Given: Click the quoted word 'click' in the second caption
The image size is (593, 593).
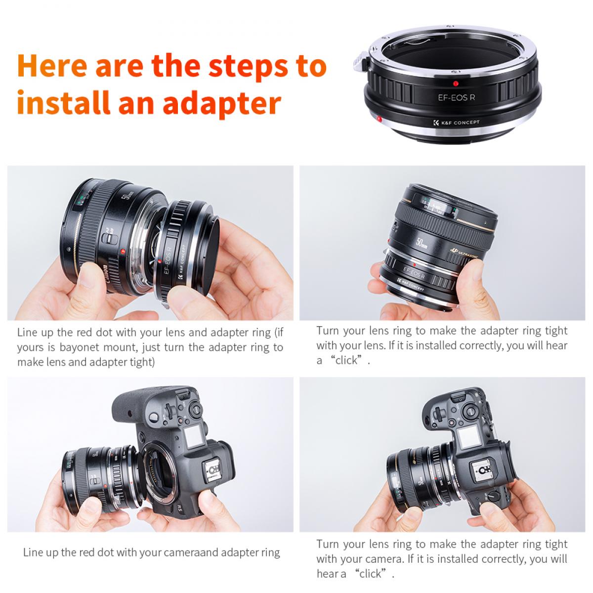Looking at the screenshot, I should pos(346,360).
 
